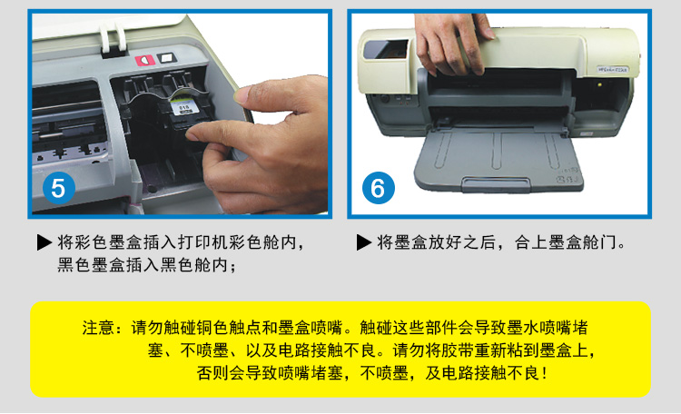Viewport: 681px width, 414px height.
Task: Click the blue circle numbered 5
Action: [59, 188]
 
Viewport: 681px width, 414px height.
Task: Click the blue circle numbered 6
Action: [379, 188]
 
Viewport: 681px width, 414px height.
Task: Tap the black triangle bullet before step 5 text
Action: [44, 242]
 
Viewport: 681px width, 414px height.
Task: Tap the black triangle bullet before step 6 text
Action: [364, 242]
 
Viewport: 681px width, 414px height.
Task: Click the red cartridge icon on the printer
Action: [144, 61]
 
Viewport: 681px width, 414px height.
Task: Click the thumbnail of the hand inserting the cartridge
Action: [181, 113]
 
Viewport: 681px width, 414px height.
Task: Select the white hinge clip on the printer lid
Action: [113, 40]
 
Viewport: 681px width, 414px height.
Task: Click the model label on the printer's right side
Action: [611, 69]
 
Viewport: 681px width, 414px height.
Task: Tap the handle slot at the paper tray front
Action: [496, 183]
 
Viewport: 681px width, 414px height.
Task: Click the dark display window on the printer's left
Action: [385, 50]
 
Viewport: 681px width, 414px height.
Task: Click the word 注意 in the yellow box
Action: [98, 328]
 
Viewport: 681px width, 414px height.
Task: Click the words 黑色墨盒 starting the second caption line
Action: [92, 264]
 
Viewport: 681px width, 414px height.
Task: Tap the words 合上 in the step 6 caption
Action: [531, 242]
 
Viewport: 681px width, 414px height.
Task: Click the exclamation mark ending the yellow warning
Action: [545, 373]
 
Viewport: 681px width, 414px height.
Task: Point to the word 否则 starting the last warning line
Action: [212, 373]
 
